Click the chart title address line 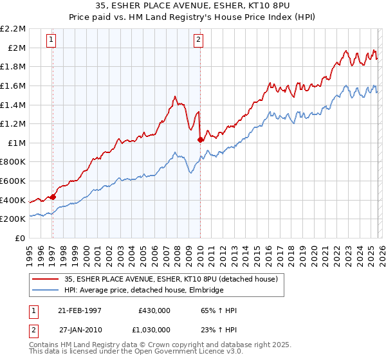(193, 6)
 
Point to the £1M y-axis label (17, 143)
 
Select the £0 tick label (20, 238)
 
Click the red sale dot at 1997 (53, 197)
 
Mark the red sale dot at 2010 (200, 139)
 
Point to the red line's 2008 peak (175, 96)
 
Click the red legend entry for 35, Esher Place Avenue (170, 279)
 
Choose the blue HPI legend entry (143, 290)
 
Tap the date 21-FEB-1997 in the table (80, 310)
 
